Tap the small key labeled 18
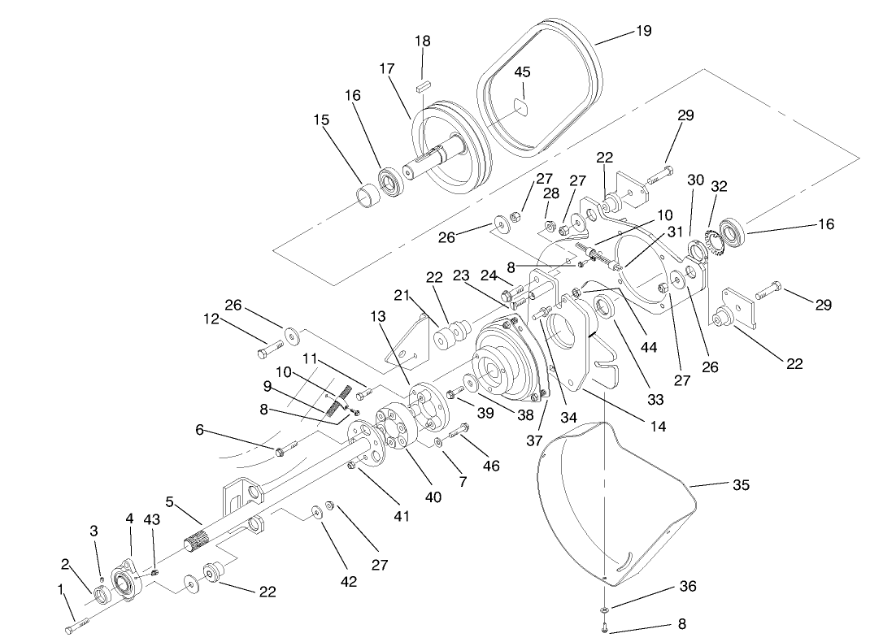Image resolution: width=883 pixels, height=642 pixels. pyautogui.click(x=421, y=82)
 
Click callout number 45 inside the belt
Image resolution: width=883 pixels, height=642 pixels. pyautogui.click(x=522, y=72)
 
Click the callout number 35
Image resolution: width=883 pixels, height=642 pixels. pyautogui.click(x=740, y=485)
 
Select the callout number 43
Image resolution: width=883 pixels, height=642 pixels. pyautogui.click(x=152, y=519)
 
